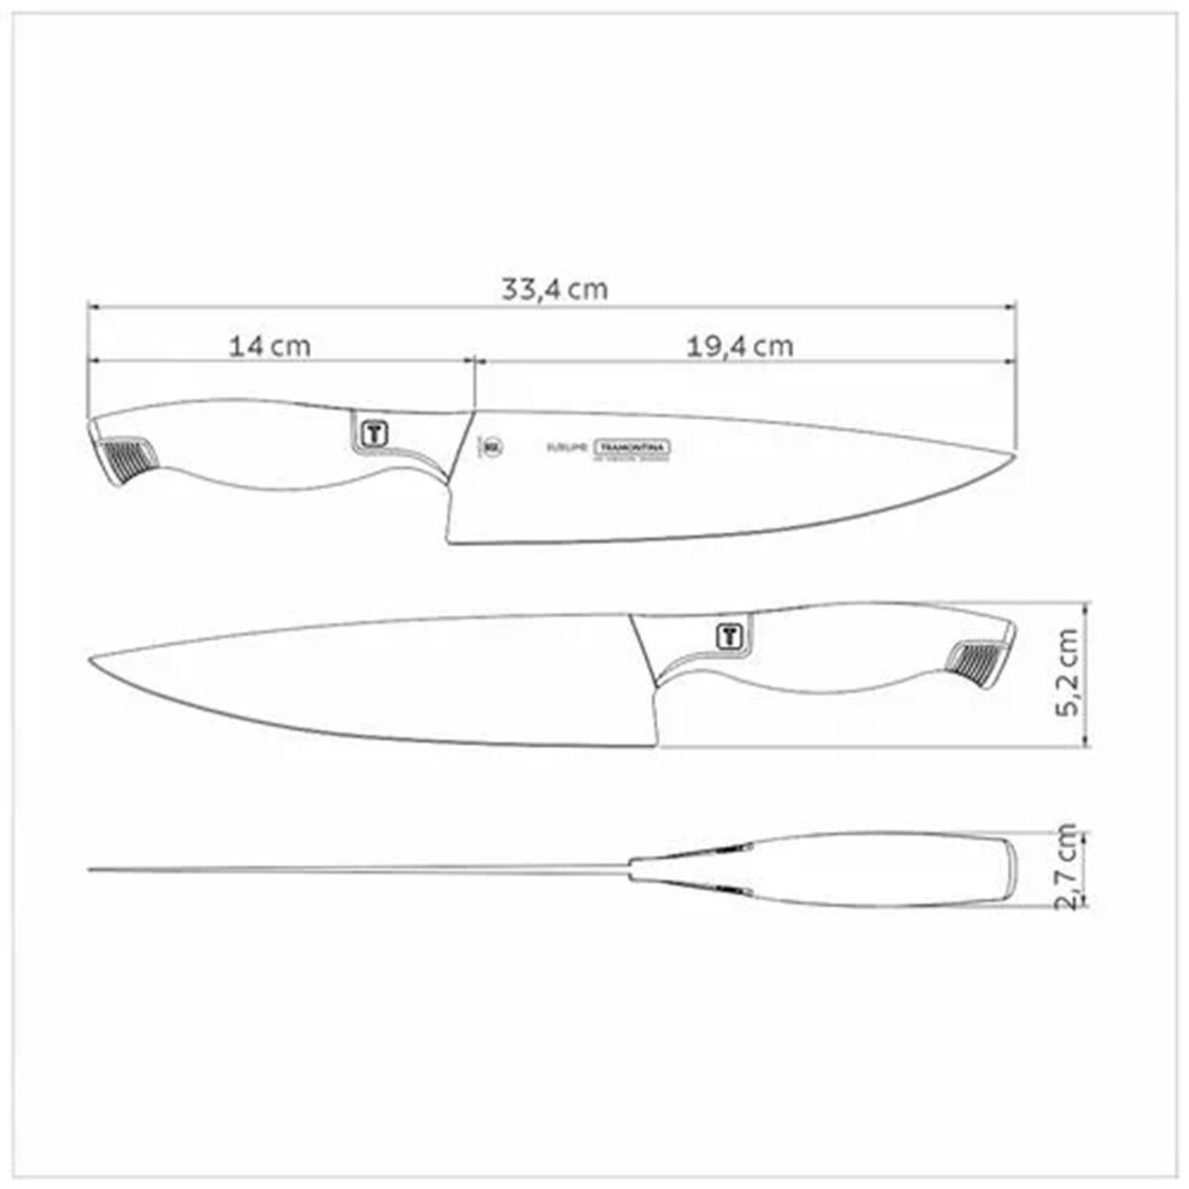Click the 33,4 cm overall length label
[x=554, y=290]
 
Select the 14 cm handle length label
[x=270, y=347]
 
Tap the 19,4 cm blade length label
[x=739, y=347]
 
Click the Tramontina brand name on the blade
[x=632, y=448]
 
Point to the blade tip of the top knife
[x=1015, y=455]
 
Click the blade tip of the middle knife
[x=92, y=660]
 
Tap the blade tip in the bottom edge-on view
[x=92, y=870]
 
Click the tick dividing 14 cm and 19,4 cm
[x=476, y=361]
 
